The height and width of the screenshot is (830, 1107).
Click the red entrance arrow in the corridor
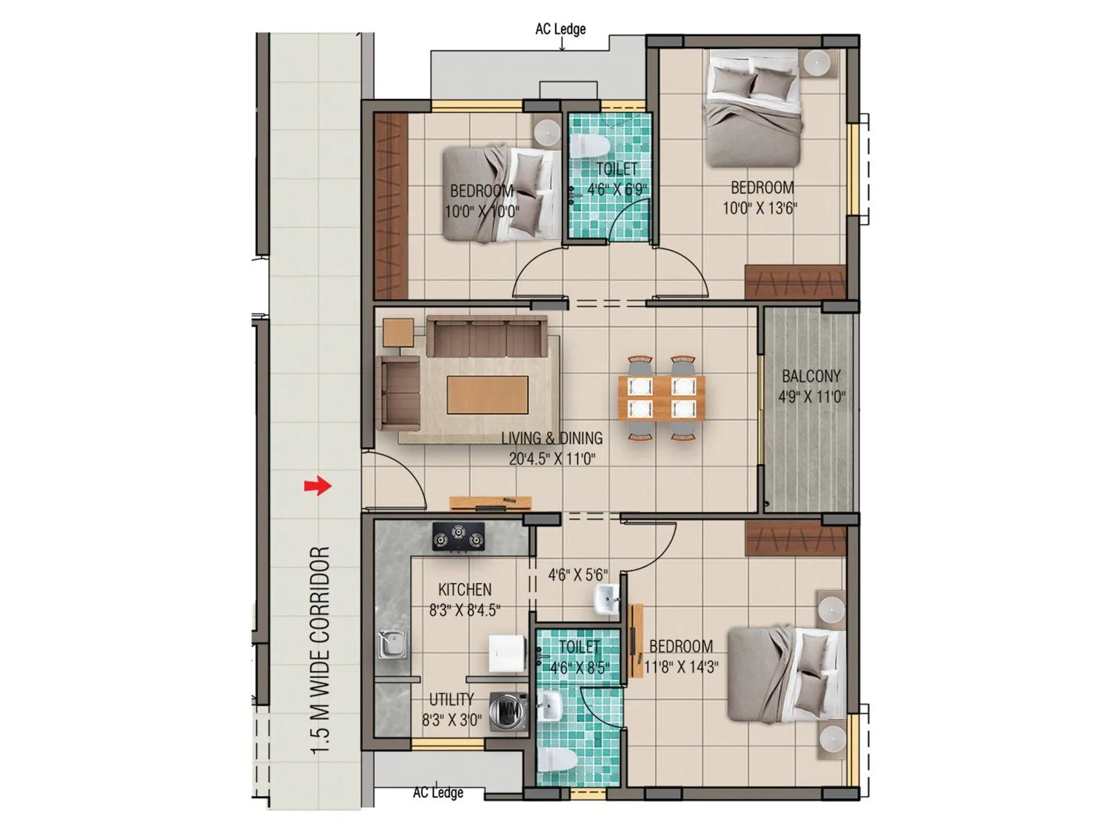point(318,486)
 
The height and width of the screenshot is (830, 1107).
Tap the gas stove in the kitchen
point(458,536)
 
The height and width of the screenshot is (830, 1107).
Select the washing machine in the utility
point(508,710)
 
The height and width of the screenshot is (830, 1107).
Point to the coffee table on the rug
point(487,394)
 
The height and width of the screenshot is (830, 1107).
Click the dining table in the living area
point(661,398)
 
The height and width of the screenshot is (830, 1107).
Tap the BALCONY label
point(811,376)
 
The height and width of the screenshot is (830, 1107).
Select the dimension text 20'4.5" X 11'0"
point(551,458)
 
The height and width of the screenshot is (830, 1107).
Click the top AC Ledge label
point(560,29)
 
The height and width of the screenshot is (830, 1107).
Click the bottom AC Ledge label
point(438,793)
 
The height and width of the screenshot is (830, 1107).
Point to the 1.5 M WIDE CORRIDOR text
point(320,650)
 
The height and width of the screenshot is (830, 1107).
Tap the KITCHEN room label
point(465,590)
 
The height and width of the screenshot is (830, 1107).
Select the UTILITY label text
point(451,699)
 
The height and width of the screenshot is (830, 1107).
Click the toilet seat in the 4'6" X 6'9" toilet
point(589,146)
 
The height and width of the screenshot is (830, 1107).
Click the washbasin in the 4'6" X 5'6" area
point(606,598)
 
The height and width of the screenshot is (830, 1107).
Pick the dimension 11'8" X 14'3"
point(681,667)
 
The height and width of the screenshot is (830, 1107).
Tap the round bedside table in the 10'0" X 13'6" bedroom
point(817,62)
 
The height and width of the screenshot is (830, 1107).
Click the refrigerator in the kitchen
point(509,653)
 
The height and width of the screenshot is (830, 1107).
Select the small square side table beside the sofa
point(398,332)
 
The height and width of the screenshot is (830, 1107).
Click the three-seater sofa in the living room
point(486,336)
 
